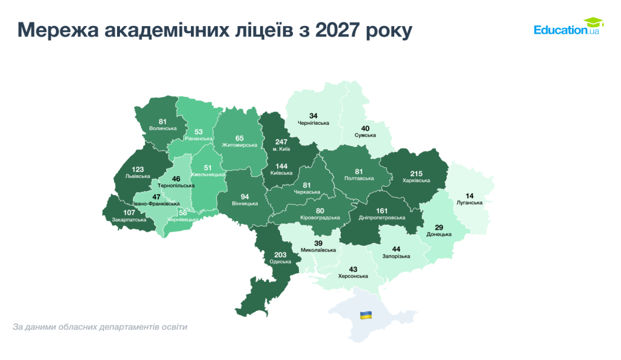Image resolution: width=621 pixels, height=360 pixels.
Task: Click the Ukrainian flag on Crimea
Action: click(x=366, y=315)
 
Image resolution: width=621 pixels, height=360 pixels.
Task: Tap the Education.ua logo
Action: click(x=566, y=27)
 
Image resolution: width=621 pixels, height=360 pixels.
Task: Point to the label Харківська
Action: click(x=416, y=181)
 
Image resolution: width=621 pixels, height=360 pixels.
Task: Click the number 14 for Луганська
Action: click(x=469, y=196)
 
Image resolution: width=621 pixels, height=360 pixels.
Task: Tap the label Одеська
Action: click(x=281, y=262)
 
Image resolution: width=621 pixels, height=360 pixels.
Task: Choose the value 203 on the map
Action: click(x=281, y=255)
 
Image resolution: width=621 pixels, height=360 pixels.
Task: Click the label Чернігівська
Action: click(x=313, y=123)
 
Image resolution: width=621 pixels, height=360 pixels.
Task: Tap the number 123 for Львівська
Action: click(x=137, y=169)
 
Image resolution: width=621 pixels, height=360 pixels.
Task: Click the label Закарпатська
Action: click(x=129, y=220)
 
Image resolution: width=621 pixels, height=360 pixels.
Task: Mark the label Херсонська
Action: click(x=352, y=276)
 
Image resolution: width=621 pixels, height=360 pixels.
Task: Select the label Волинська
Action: click(x=163, y=128)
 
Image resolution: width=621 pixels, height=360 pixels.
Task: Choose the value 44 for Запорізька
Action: click(x=396, y=248)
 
